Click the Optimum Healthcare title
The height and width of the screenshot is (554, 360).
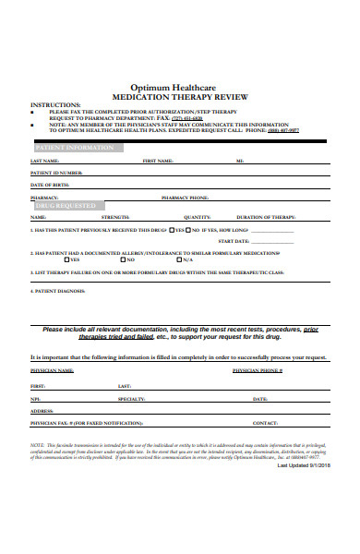(x=180, y=82)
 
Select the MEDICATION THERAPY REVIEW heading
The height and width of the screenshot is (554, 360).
(x=180, y=93)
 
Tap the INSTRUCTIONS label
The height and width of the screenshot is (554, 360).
(x=55, y=104)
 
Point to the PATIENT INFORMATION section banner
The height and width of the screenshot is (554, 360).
(x=74, y=147)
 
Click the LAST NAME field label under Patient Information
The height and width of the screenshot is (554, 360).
(x=45, y=161)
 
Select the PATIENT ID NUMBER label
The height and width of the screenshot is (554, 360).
(x=56, y=173)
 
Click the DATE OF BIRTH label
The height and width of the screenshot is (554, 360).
(x=51, y=185)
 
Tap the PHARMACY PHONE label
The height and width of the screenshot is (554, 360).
(x=184, y=197)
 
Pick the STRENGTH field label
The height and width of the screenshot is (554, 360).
(x=115, y=217)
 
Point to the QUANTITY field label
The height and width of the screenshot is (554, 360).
(x=197, y=217)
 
